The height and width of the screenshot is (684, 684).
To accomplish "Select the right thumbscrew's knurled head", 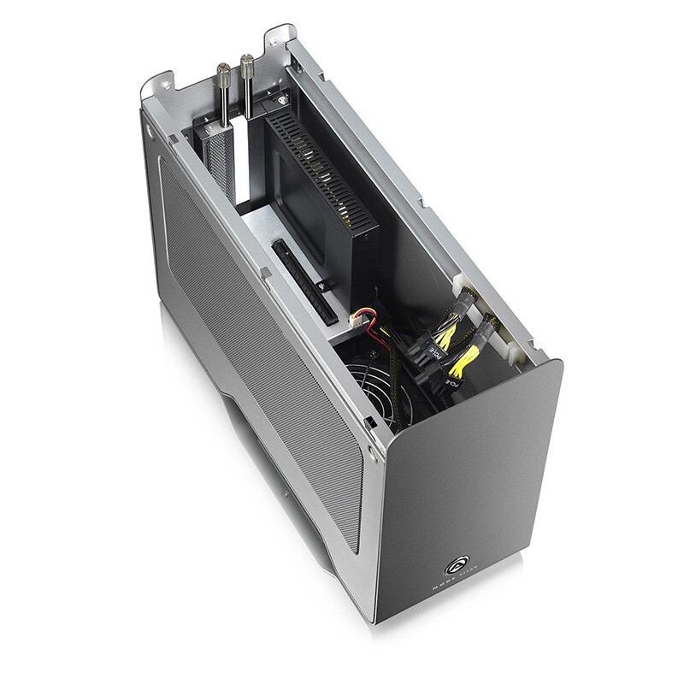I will click(250, 63).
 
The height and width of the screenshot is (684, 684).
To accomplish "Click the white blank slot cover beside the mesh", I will click(244, 162).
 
